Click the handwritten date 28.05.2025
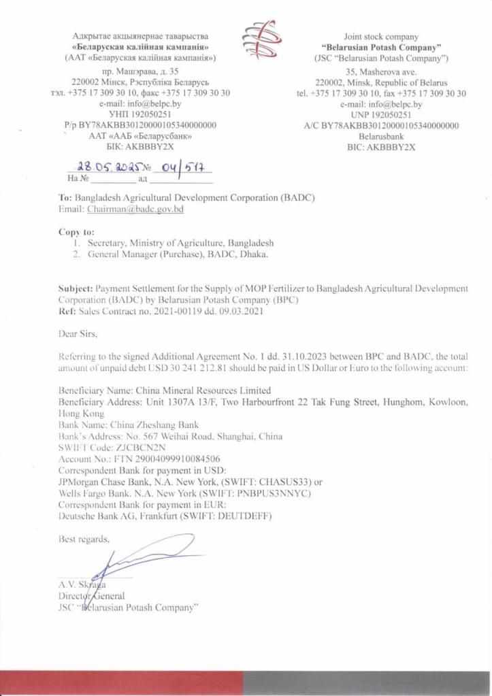pyautogui.click(x=108, y=165)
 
